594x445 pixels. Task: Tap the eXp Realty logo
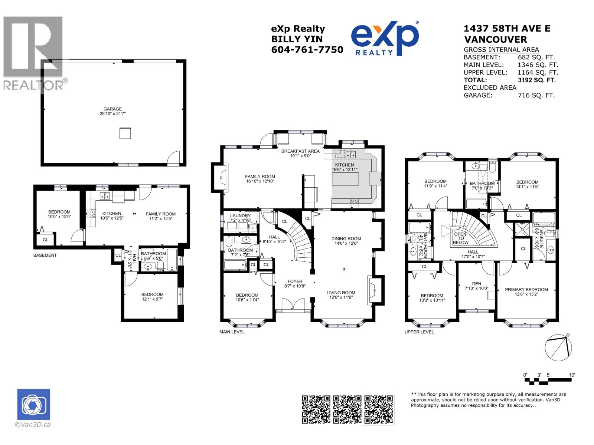385,38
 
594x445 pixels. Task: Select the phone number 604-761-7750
307,50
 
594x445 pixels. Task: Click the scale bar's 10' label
571,375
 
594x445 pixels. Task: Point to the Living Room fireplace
373,290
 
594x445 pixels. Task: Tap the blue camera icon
33,404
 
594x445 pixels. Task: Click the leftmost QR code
316,409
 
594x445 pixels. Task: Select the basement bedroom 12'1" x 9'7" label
152,297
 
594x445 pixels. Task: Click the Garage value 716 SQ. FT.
536,95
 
